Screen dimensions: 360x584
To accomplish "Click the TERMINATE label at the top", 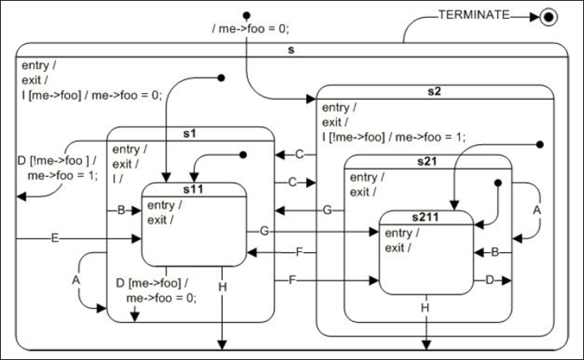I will [x=474, y=13].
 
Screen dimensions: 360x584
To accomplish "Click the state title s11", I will [x=194, y=189].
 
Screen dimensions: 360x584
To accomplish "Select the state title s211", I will [x=426, y=217].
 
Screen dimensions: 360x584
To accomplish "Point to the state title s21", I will [x=428, y=161].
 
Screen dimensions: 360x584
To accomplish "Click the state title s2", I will [x=435, y=91].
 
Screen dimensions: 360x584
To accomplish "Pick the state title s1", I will [x=190, y=133].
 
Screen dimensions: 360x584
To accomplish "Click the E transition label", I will [x=55, y=238].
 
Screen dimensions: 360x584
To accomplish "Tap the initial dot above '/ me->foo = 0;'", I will [x=246, y=14].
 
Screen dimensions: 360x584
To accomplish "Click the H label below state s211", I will [x=426, y=307].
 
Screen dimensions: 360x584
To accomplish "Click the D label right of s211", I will [x=489, y=280].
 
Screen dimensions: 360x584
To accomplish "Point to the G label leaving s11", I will [x=264, y=231].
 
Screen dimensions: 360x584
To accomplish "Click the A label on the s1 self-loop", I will [x=76, y=279].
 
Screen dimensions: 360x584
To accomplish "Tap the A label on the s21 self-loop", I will [x=536, y=211].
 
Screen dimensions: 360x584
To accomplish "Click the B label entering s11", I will [x=120, y=211].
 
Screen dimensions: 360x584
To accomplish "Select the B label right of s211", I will [x=495, y=253].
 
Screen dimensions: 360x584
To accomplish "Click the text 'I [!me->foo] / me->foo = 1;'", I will [x=393, y=136].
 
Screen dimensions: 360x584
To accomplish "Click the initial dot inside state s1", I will [x=242, y=156].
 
